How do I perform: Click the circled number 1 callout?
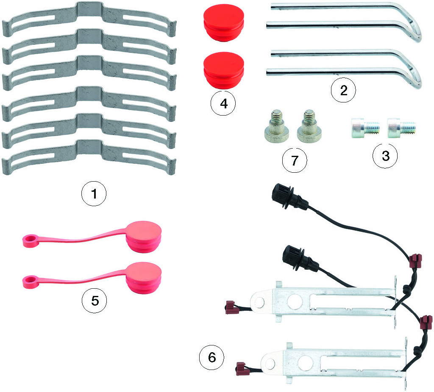pyautogui.click(x=94, y=194)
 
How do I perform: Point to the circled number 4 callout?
pyautogui.click(x=223, y=103)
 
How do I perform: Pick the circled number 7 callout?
pyautogui.click(x=295, y=161)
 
